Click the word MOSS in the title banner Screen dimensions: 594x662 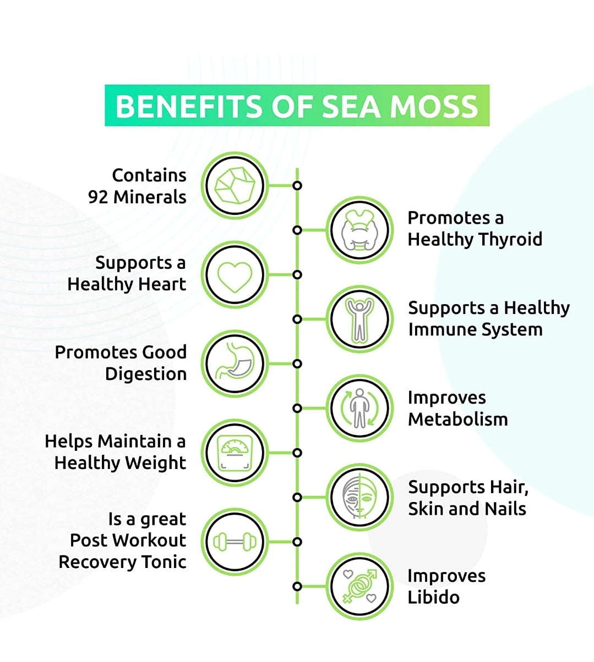coord(434,106)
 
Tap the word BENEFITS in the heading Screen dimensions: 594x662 coord(189,106)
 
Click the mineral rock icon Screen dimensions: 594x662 coord(235,186)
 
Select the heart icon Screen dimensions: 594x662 coord(235,277)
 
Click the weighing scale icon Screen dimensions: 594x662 coord(235,453)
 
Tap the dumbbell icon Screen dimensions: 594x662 coord(235,542)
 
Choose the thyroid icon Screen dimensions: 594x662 coord(359,230)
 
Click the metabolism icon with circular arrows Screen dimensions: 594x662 coord(359,409)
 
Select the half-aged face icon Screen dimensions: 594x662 coord(359,498)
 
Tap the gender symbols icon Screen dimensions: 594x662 coord(359,587)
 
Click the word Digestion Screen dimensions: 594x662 coord(146,374)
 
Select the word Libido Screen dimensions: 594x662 coord(434,597)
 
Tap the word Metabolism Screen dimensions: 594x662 coord(458,419)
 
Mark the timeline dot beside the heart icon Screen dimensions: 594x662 coord(297,275)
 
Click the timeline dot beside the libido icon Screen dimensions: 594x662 coord(297,587)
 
